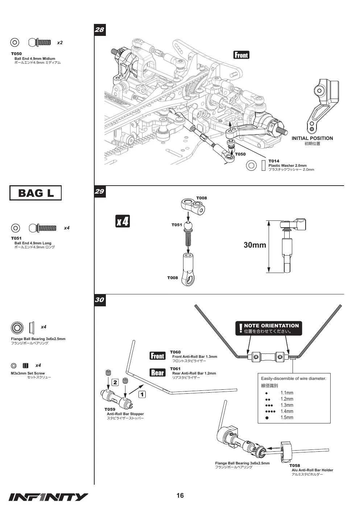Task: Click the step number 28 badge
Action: pyautogui.click(x=100, y=30)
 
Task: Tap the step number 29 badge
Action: pyautogui.click(x=100, y=191)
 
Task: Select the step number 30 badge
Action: pyautogui.click(x=100, y=300)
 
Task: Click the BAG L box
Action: pyautogui.click(x=36, y=193)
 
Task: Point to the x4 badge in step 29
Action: pyautogui.click(x=123, y=221)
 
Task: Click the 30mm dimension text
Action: pyautogui.click(x=255, y=245)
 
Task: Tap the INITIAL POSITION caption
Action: pyautogui.click(x=312, y=138)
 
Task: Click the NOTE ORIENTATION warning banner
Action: pyautogui.click(x=269, y=328)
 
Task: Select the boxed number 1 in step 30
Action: pyautogui.click(x=142, y=394)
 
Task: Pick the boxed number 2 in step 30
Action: pyautogui.click(x=115, y=382)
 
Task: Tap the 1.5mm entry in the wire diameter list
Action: pyautogui.click(x=287, y=417)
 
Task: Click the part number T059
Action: pyautogui.click(x=110, y=409)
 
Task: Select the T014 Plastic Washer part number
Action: pyautogui.click(x=274, y=161)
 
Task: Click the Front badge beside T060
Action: pyautogui.click(x=157, y=356)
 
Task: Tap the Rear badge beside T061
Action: pyautogui.click(x=157, y=373)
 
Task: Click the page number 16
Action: pyautogui.click(x=180, y=496)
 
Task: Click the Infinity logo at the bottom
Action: pyautogui.click(x=48, y=497)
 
